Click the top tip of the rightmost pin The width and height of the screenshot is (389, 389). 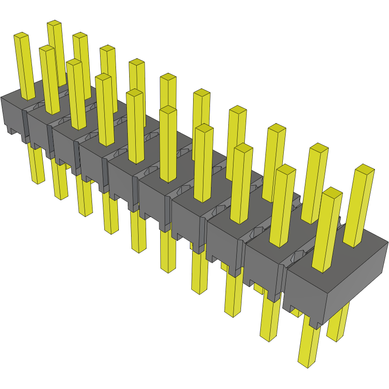(x=365, y=168)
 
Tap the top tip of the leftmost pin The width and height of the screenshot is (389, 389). (x=21, y=35)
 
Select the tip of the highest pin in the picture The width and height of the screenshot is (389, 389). (x=54, y=23)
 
